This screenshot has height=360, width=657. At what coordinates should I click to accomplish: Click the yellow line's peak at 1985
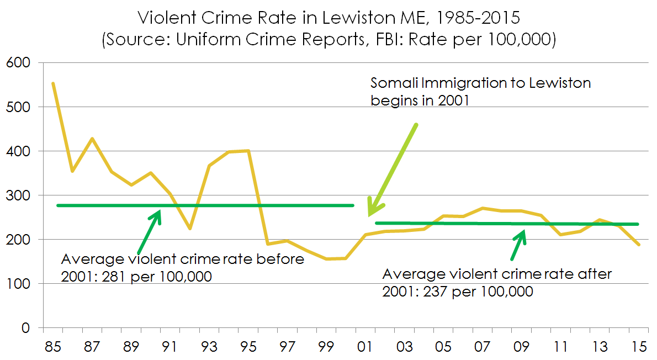pos(53,83)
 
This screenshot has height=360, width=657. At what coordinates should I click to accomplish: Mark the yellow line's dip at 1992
pos(189,229)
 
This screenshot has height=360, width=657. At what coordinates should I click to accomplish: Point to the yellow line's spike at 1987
pos(92,138)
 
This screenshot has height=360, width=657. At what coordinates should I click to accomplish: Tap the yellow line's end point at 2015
pos(639,245)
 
